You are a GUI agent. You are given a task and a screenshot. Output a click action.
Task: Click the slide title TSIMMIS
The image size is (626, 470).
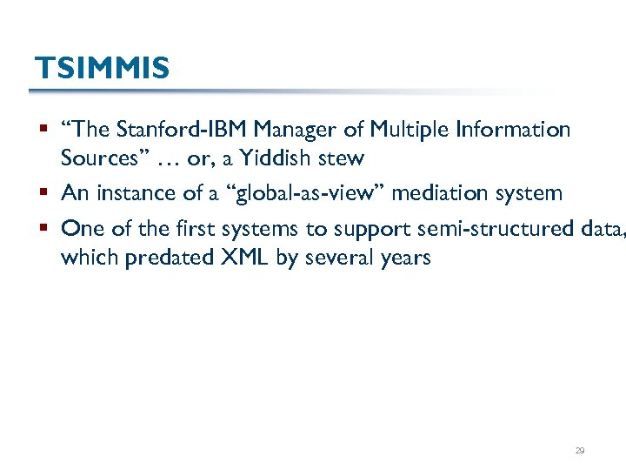(102, 68)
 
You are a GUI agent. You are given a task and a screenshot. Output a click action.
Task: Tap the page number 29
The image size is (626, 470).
(580, 451)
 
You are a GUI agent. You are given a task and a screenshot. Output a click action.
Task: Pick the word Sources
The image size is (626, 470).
(97, 159)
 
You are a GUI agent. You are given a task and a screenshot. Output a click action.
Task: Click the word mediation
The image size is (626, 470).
(441, 193)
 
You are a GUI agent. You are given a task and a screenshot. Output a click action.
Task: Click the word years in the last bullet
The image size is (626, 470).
(403, 258)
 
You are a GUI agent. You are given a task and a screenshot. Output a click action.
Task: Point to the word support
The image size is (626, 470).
(370, 230)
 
